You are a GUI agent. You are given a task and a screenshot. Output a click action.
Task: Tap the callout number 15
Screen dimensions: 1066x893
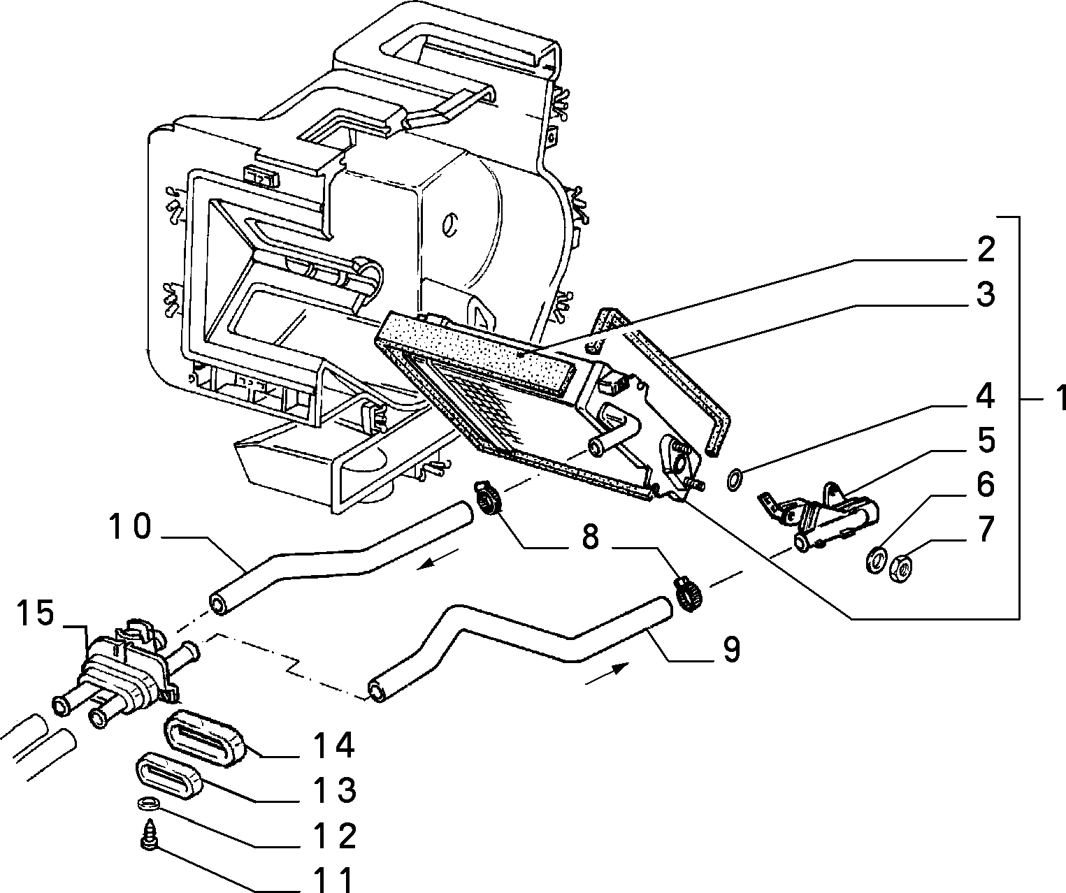[35, 613]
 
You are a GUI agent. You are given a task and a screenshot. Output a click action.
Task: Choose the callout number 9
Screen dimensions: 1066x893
[732, 650]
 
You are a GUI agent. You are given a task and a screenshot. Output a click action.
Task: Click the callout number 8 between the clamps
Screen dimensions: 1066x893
[590, 537]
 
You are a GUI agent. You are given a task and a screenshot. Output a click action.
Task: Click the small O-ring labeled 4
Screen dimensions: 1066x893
[735, 480]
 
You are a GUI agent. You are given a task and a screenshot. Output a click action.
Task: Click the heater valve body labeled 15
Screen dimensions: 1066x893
[122, 669]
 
